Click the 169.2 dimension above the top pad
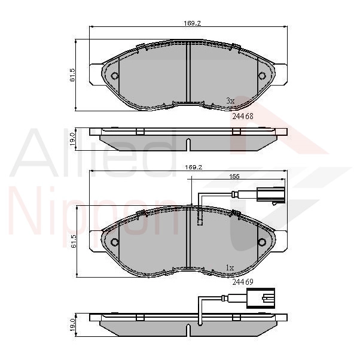192,23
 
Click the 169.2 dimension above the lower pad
193,167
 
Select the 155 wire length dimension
234,177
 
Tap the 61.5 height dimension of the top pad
72,75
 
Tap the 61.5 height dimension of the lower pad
74,241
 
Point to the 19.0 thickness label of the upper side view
72,139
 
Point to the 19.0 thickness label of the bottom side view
73,325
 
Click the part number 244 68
243,116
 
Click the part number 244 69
243,282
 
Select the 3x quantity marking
230,101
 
